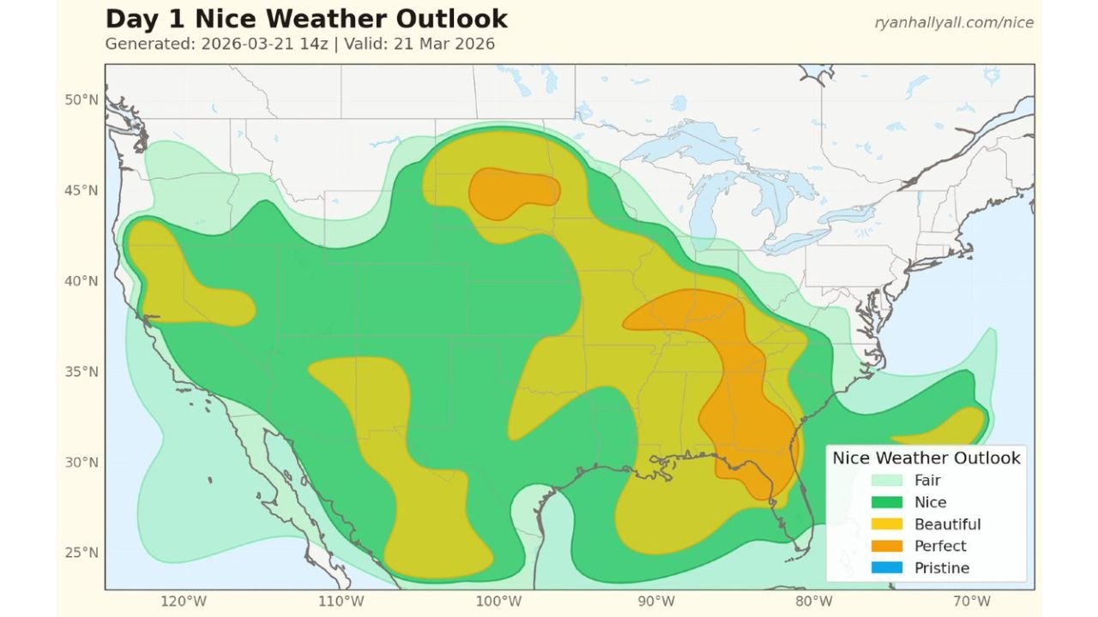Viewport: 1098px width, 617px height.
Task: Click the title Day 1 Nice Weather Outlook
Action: point(306,19)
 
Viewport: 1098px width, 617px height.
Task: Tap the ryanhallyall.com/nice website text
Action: point(954,23)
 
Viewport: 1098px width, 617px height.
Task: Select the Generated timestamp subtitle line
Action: point(299,44)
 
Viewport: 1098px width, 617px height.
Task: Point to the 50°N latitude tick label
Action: point(81,99)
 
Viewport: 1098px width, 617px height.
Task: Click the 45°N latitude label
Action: point(81,190)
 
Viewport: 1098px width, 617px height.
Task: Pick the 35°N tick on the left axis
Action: point(81,372)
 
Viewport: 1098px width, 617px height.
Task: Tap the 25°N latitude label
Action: point(81,553)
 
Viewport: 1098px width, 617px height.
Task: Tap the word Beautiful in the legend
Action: point(947,524)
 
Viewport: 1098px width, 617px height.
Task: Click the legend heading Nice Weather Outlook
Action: point(926,458)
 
